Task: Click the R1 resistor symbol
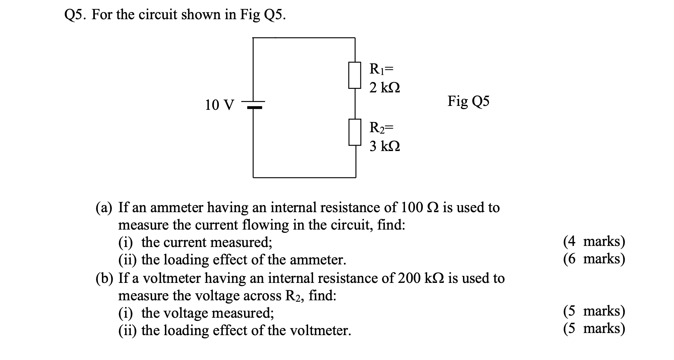point(355,75)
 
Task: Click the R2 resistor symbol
point(355,132)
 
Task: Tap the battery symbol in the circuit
point(253,104)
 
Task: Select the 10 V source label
point(220,105)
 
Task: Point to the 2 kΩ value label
point(384,87)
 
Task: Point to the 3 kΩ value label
point(384,146)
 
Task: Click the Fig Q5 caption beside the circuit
point(468,102)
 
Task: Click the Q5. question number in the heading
point(76,15)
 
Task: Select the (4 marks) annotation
point(594,241)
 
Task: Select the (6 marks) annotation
point(594,259)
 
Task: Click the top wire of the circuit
point(304,37)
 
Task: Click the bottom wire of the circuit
point(304,177)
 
